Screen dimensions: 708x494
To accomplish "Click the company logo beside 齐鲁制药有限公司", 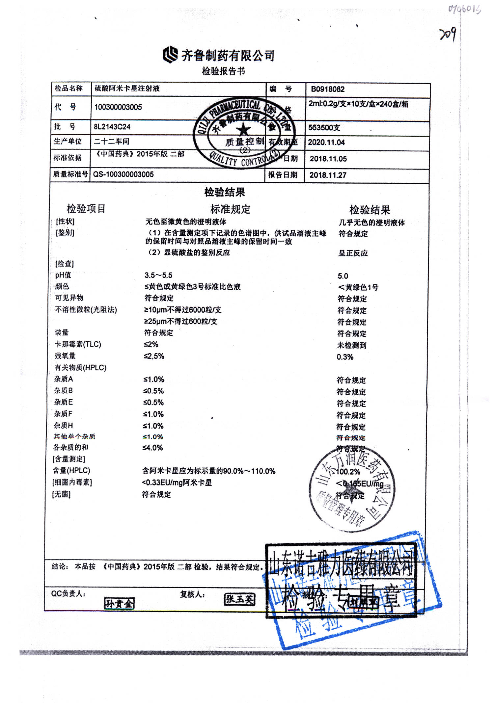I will click(170, 55).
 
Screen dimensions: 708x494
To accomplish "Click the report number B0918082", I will click(328, 89).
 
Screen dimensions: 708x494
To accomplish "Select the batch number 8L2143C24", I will click(112, 127).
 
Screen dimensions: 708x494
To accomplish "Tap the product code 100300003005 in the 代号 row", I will click(118, 107).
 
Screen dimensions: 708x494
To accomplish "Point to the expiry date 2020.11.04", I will click(326, 143).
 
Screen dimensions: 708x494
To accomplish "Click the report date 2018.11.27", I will click(328, 175).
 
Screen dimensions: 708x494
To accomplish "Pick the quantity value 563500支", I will click(324, 128).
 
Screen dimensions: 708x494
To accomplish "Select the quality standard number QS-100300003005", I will click(123, 174).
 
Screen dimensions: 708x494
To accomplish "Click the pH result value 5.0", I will click(343, 276).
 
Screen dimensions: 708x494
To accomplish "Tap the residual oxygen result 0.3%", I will click(345, 357).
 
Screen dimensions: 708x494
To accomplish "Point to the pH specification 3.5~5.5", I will click(158, 275).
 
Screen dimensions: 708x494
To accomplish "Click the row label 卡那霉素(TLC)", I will click(78, 344).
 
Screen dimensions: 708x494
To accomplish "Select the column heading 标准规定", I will click(230, 209).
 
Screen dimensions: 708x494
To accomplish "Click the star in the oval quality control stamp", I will click(243, 130).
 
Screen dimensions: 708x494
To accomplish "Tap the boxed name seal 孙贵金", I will click(119, 603).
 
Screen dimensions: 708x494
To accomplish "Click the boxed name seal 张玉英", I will click(239, 599).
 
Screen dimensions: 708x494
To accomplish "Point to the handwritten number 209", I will click(448, 34).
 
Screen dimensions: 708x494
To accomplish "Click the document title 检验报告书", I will click(223, 71).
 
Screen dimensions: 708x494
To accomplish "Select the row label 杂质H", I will click(63, 426).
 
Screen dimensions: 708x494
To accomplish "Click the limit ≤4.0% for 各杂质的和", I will click(153, 448).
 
